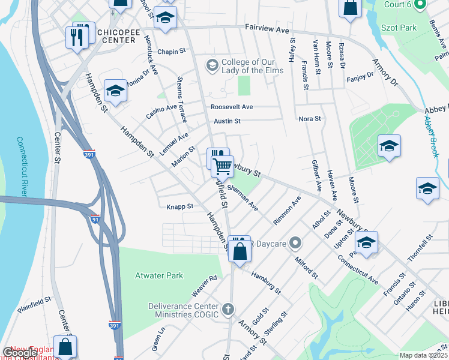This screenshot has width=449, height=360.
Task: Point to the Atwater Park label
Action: pyautogui.click(x=159, y=275)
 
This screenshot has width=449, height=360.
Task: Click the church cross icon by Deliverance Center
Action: pyautogui.click(x=227, y=310)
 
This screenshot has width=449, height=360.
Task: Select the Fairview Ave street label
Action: pyautogui.click(x=268, y=29)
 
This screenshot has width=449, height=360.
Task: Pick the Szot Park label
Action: pyautogui.click(x=399, y=28)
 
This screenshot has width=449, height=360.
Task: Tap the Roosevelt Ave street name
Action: pyautogui.click(x=231, y=107)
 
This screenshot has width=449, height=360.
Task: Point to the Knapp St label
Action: pyautogui.click(x=179, y=206)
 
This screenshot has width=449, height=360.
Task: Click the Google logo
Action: pyautogui.click(x=20, y=353)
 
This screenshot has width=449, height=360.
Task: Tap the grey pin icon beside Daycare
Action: pyautogui.click(x=294, y=244)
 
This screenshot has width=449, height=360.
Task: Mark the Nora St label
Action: pyautogui.click(x=310, y=119)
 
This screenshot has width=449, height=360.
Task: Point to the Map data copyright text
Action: pyautogui.click(x=423, y=355)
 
